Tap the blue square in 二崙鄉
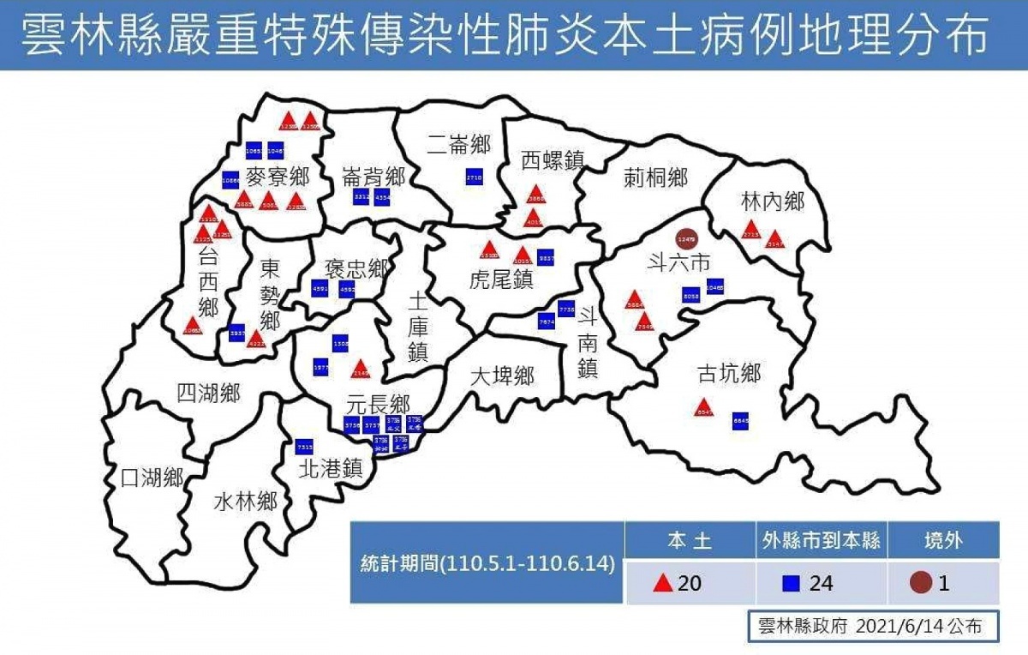(x=475, y=177)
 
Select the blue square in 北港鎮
(x=304, y=447)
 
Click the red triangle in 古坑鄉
(x=704, y=408)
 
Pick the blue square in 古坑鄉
(x=741, y=421)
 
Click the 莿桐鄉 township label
(x=655, y=178)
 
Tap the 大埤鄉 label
(x=503, y=376)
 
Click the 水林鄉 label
(x=245, y=501)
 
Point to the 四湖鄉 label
(x=208, y=394)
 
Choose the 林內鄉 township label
(x=773, y=202)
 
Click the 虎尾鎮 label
(x=502, y=279)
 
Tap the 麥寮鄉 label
(x=277, y=177)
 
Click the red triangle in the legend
(x=661, y=584)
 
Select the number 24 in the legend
(x=821, y=584)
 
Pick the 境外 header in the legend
(x=942, y=541)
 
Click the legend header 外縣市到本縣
(x=821, y=541)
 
